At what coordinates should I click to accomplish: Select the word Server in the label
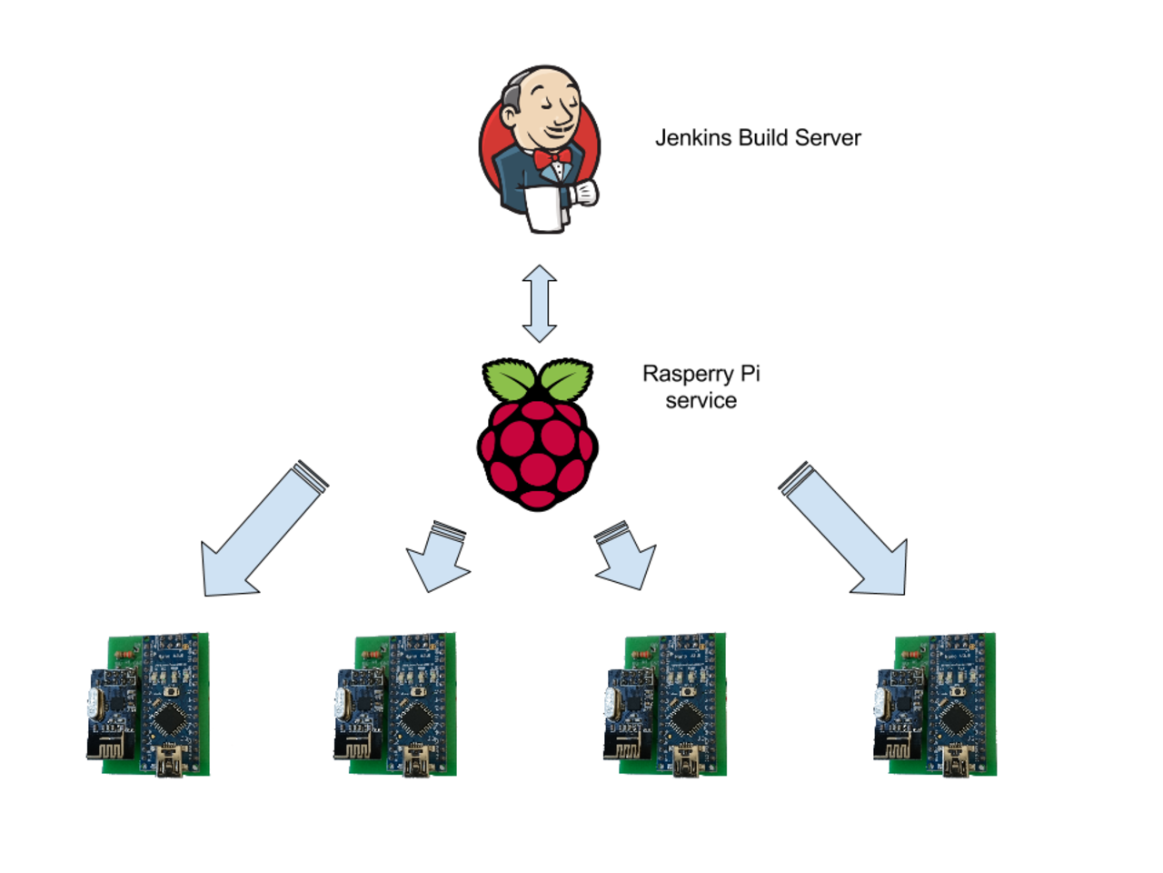[x=828, y=138]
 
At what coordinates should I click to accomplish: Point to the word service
[x=701, y=401]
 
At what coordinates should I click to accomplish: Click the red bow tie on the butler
[x=552, y=160]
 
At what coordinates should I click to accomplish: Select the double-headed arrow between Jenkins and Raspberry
[x=540, y=304]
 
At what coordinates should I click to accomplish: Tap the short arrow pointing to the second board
[x=439, y=557]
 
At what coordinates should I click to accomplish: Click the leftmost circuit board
[x=149, y=705]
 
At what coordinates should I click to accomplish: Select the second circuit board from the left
[x=396, y=705]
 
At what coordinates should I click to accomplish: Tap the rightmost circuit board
[x=936, y=705]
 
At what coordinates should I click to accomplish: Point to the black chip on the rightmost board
[x=956, y=721]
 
